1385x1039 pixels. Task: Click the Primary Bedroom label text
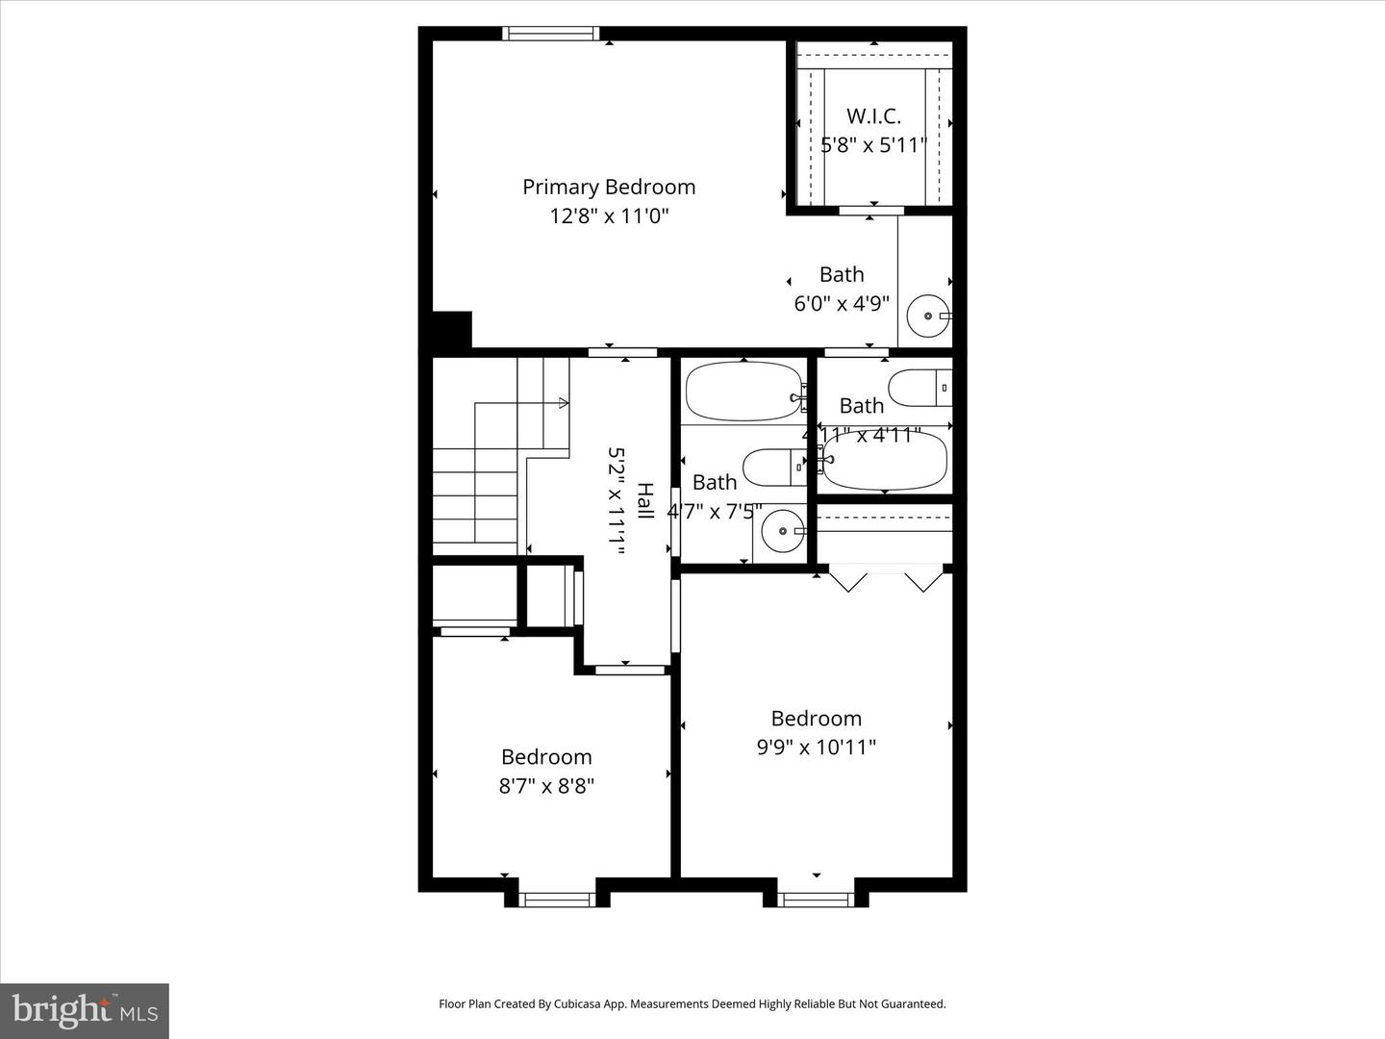point(608,187)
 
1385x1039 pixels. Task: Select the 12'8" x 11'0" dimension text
point(608,215)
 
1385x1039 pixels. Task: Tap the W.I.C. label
point(873,116)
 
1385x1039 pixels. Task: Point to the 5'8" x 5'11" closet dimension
point(873,145)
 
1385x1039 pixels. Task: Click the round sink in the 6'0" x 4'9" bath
point(928,316)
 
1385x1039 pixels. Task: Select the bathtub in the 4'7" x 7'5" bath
point(743,392)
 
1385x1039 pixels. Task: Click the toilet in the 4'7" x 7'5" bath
point(773,468)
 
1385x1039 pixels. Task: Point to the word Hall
point(645,501)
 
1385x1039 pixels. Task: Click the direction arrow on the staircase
point(560,402)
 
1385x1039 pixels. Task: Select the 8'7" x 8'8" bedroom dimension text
point(546,786)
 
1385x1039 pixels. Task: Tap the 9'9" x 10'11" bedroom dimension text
point(816,748)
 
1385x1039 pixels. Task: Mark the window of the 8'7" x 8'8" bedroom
point(557,900)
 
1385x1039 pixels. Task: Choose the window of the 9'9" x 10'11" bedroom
point(816,900)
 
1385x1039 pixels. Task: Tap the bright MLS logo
point(84,1010)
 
